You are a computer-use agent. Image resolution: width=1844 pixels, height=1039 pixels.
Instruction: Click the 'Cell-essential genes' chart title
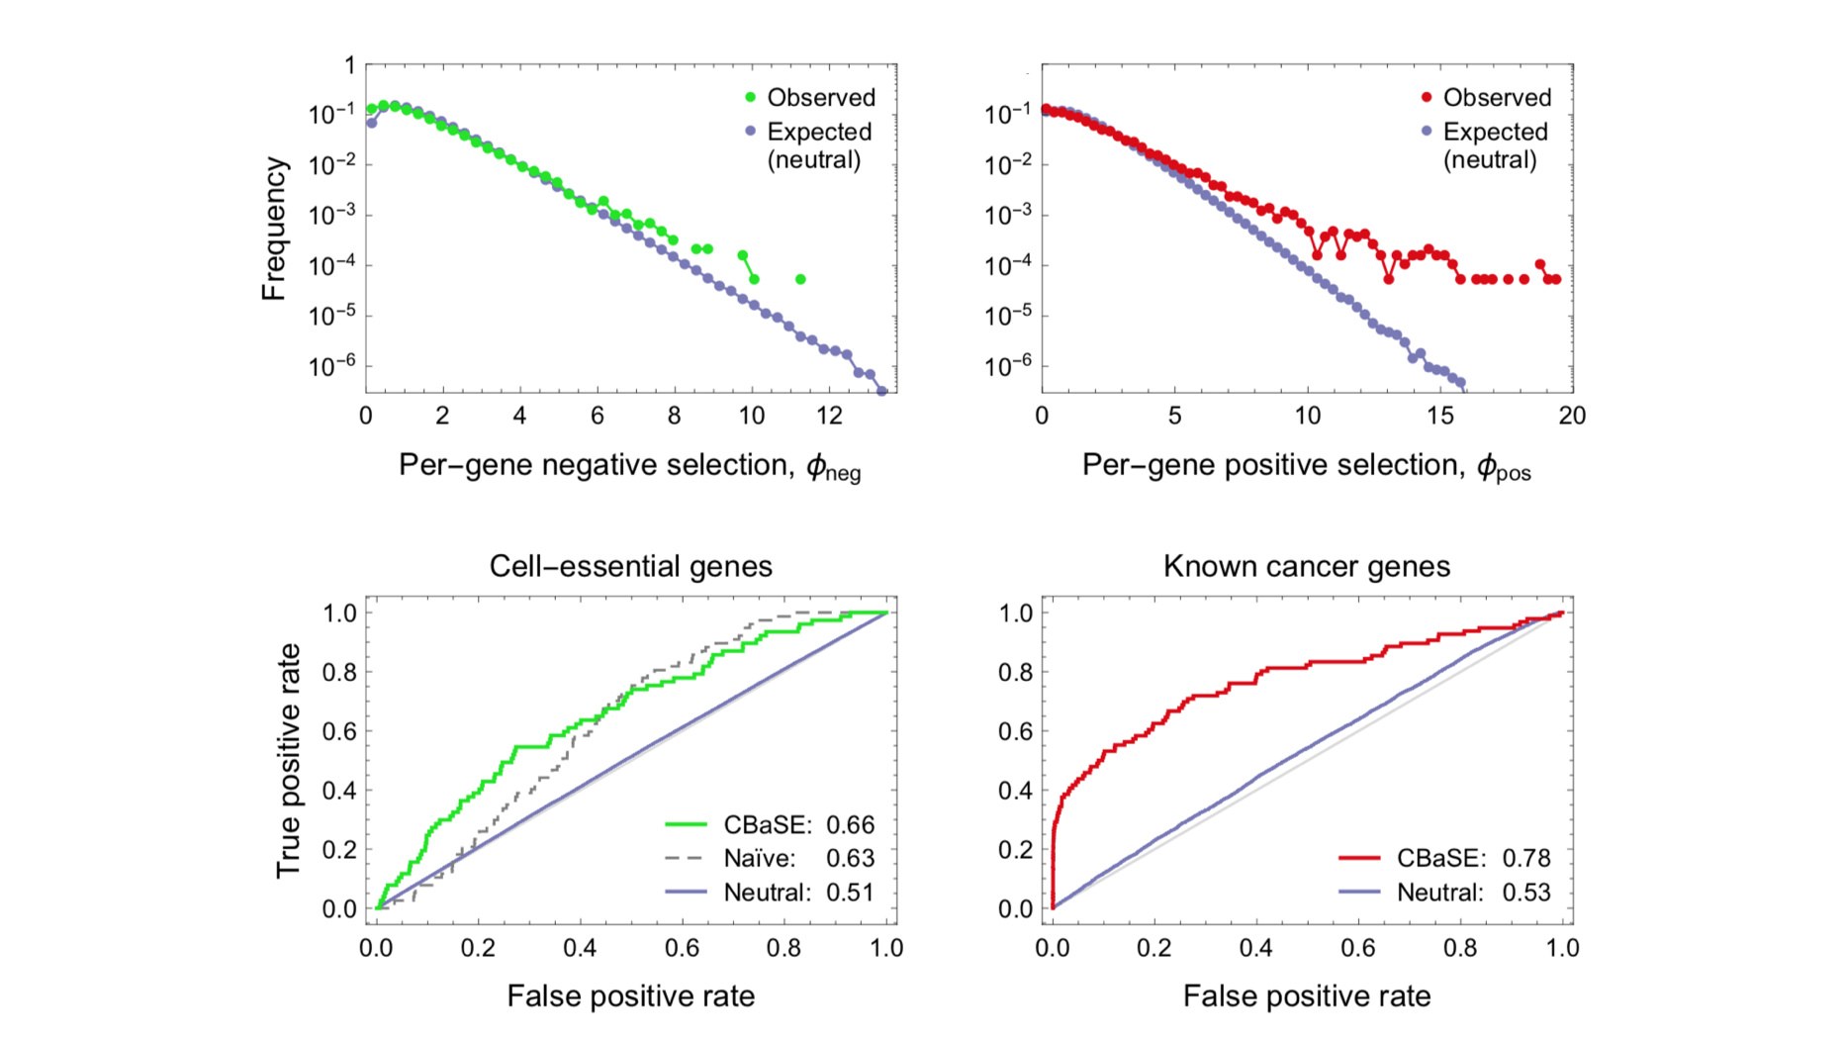coord(630,566)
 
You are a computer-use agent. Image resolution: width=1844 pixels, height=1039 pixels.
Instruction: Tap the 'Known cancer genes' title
coord(1306,566)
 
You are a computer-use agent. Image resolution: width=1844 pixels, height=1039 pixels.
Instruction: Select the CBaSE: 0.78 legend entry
coord(1444,858)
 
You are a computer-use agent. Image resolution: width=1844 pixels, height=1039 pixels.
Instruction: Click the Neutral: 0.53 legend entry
coord(1444,893)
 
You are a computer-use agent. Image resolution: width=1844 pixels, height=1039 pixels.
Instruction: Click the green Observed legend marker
coord(750,97)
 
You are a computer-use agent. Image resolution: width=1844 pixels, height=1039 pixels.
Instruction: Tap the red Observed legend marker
coord(1427,97)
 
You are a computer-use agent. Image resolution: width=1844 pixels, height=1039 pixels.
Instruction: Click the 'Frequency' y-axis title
coord(274,229)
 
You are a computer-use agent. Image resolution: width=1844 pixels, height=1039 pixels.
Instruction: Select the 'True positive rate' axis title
coord(288,760)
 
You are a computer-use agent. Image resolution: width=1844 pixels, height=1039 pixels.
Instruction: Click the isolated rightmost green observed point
coord(800,279)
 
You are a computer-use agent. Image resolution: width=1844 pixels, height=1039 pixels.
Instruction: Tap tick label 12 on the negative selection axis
coord(829,416)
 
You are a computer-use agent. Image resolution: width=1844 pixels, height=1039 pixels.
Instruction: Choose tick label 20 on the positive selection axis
coord(1572,416)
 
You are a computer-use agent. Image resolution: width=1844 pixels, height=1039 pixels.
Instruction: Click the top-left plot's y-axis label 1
coord(349,65)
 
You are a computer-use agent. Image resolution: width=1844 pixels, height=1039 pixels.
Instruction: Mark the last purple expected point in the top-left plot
coord(882,391)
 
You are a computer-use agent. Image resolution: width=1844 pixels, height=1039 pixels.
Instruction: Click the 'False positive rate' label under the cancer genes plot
coord(1306,996)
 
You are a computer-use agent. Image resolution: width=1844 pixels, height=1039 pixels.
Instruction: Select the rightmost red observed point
coord(1556,279)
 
